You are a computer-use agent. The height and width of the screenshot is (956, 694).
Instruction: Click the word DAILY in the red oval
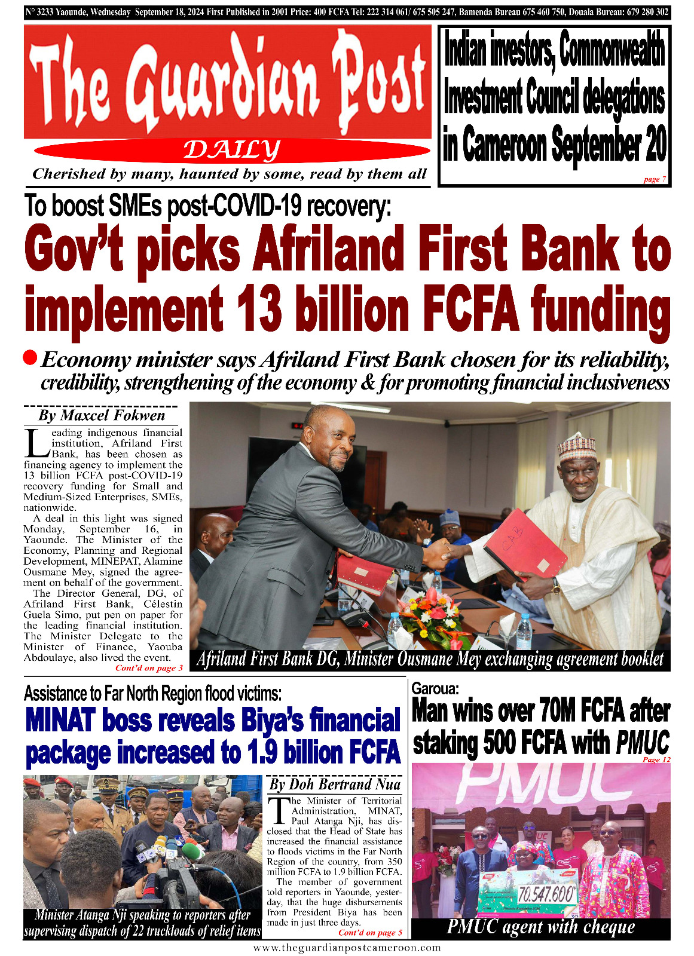click(x=232, y=150)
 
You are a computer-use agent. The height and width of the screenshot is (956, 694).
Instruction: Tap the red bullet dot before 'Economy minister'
click(x=30, y=358)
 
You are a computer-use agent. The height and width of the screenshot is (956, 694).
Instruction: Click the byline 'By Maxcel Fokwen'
click(x=102, y=415)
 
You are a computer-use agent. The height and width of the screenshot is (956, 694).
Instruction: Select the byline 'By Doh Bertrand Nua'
click(x=335, y=785)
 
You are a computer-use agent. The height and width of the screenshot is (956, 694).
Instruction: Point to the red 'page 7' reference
click(x=655, y=179)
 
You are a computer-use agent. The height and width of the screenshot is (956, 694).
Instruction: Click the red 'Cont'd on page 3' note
click(x=149, y=668)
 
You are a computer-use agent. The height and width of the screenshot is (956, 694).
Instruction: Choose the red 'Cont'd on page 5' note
click(x=370, y=933)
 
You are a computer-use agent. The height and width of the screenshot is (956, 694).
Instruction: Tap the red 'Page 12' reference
click(x=656, y=759)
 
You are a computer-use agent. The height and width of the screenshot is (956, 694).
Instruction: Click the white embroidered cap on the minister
click(x=577, y=445)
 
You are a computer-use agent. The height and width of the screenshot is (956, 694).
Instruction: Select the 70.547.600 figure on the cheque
click(x=545, y=894)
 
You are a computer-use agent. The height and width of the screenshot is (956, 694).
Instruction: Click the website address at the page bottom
click(x=347, y=948)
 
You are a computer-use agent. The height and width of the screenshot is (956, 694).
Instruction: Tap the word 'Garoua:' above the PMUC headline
click(x=435, y=688)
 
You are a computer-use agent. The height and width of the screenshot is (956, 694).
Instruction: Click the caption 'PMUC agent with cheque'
click(x=540, y=927)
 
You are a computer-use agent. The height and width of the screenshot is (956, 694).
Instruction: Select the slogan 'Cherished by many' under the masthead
click(x=229, y=174)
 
